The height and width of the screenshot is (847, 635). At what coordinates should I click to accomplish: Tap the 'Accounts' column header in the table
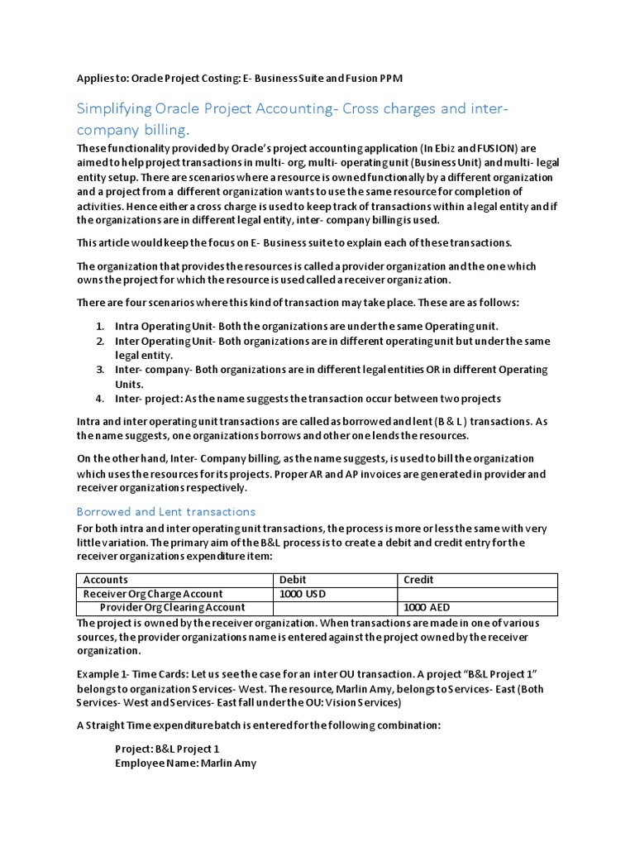pos(106,580)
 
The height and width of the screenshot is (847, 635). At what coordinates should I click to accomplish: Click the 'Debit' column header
pos(294,580)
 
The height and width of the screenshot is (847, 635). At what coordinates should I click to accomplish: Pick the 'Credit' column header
pos(418,580)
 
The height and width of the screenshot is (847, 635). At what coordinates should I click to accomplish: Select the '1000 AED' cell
pos(427,608)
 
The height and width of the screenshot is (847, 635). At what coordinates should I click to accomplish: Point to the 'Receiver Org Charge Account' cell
pos(153,594)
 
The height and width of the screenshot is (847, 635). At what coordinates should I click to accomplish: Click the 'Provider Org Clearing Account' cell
pos(172,608)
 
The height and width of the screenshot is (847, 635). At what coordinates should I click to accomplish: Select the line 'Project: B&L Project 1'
pos(168,749)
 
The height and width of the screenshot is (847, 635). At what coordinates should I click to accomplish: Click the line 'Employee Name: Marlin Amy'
pos(185,763)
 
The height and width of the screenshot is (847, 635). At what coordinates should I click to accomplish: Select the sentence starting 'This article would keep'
pos(294,242)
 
